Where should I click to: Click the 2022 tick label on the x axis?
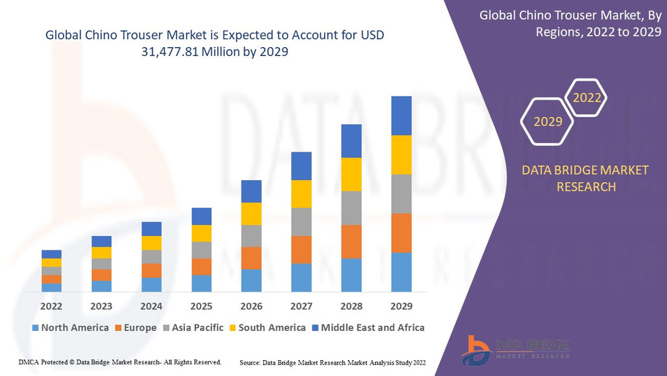click(x=51, y=306)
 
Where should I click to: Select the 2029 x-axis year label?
click(x=401, y=306)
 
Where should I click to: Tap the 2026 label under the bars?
click(x=251, y=306)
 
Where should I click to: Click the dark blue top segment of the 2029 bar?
click(x=401, y=115)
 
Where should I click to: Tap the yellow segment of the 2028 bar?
click(x=351, y=174)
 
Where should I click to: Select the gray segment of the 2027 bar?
click(x=301, y=222)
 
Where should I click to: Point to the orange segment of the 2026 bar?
click(x=251, y=258)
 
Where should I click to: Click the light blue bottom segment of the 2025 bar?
click(x=202, y=283)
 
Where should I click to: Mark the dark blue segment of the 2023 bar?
click(x=101, y=241)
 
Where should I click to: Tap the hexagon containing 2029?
click(x=548, y=121)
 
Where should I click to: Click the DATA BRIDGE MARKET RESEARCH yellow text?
click(x=586, y=179)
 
